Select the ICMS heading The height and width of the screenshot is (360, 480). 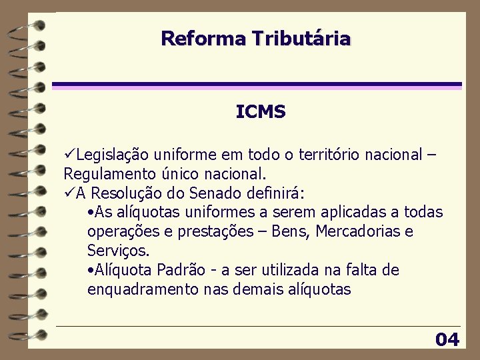click(261, 112)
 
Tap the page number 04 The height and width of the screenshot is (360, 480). click(447, 340)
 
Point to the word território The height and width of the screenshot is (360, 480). click(337, 155)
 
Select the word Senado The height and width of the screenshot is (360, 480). click(216, 193)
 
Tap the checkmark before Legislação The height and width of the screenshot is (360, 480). click(69, 155)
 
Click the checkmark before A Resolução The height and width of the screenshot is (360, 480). click(69, 193)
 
